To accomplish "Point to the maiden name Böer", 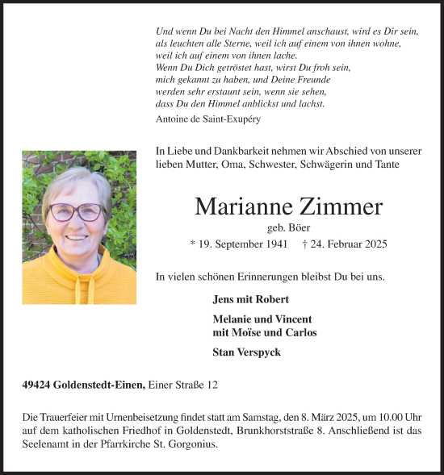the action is pos(299,227).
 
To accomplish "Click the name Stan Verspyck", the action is pos(246,352).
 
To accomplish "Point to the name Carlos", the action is pos(299,332).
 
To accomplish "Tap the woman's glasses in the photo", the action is pos(77,212).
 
